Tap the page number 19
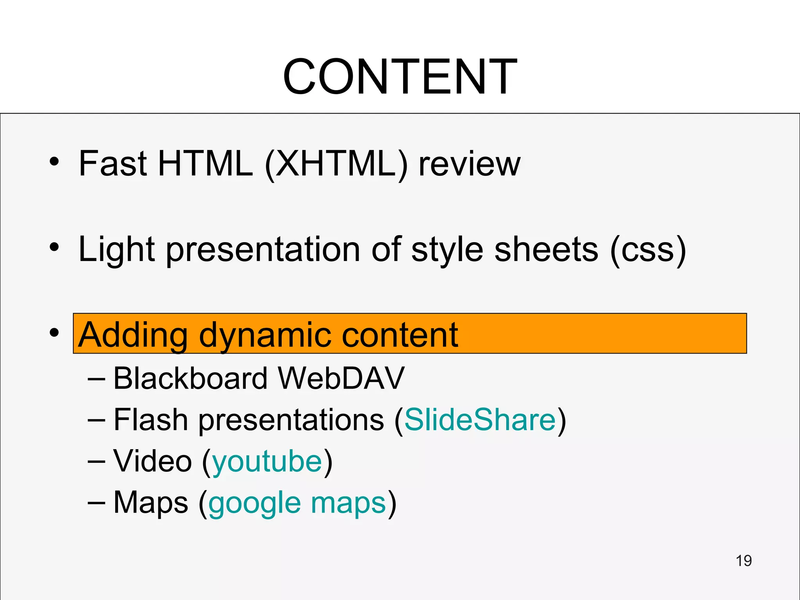point(743,561)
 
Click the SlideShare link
point(480,420)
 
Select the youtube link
point(267,462)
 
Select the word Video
point(152,461)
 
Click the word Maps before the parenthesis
point(151,503)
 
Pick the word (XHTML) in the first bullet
point(336,164)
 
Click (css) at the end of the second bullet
point(648,250)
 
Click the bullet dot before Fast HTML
point(54,161)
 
